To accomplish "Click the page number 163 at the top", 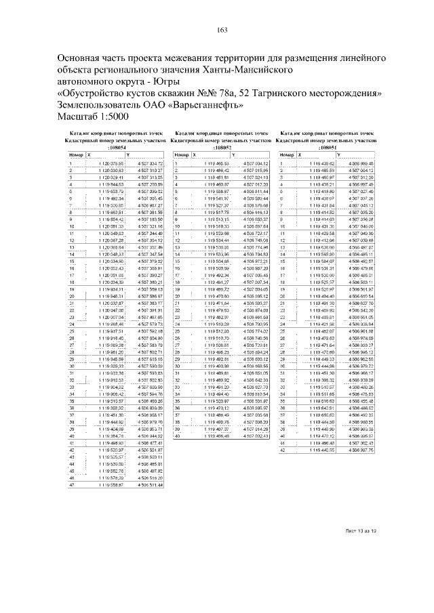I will tap(221, 28).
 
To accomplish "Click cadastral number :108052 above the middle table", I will tap(222, 147).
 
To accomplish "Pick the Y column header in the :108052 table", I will tap(216, 155).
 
